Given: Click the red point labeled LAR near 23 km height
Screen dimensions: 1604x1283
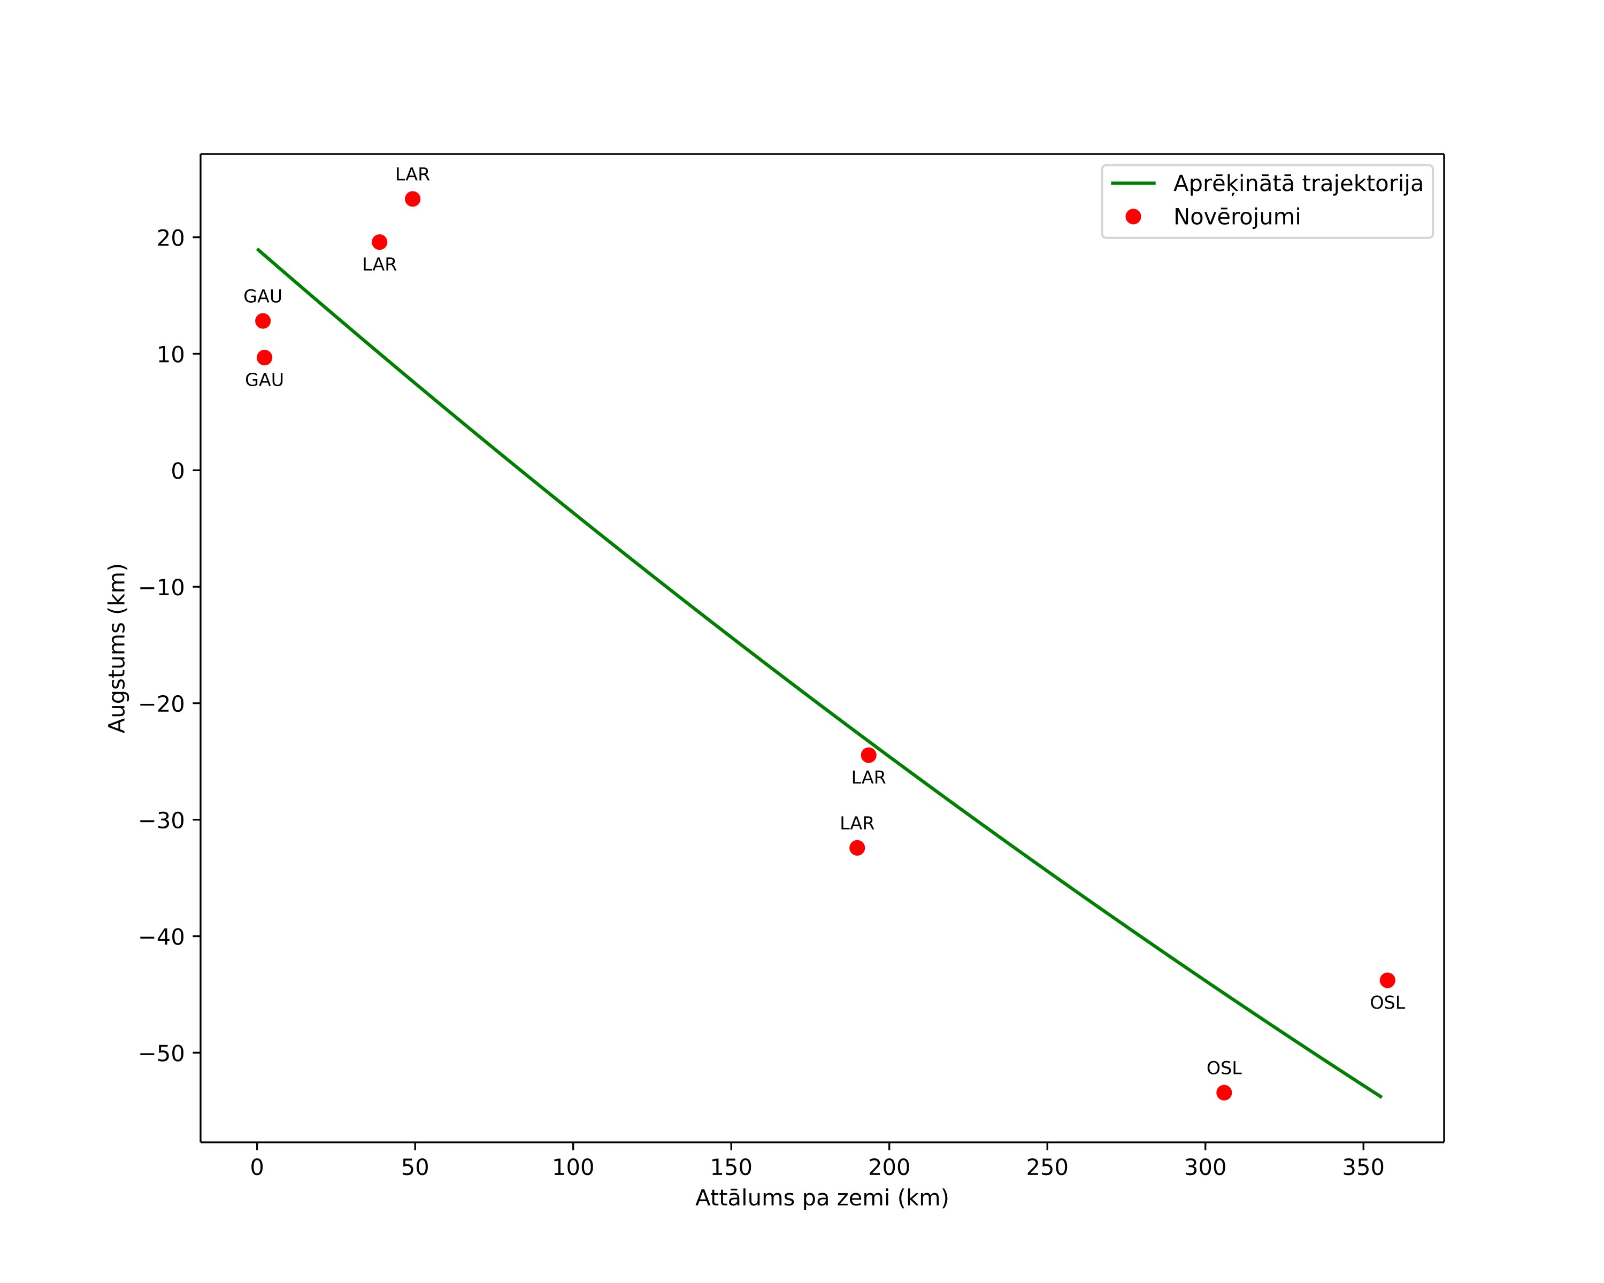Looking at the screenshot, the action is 412,198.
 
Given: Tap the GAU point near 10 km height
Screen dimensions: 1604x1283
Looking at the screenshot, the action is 264,358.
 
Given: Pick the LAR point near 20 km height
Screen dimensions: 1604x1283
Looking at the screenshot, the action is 379,242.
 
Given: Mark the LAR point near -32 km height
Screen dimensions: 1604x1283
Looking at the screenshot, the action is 857,848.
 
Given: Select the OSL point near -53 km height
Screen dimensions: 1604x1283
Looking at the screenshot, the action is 1224,1093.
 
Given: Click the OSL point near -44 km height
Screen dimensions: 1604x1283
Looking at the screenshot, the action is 1387,980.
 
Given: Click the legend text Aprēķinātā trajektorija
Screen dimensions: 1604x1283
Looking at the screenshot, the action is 1298,184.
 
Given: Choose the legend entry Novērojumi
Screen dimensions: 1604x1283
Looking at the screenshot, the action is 1237,217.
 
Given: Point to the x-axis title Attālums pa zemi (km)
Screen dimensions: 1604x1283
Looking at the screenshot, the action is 822,1198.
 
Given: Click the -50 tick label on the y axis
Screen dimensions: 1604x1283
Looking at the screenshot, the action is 162,1053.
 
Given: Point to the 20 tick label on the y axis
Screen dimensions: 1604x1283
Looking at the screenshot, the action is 171,238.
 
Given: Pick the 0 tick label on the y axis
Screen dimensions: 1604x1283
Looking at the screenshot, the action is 178,471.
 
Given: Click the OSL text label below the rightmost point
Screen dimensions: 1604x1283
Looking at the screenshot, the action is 1387,1003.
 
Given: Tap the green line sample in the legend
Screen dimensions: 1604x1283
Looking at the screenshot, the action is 1133,183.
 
